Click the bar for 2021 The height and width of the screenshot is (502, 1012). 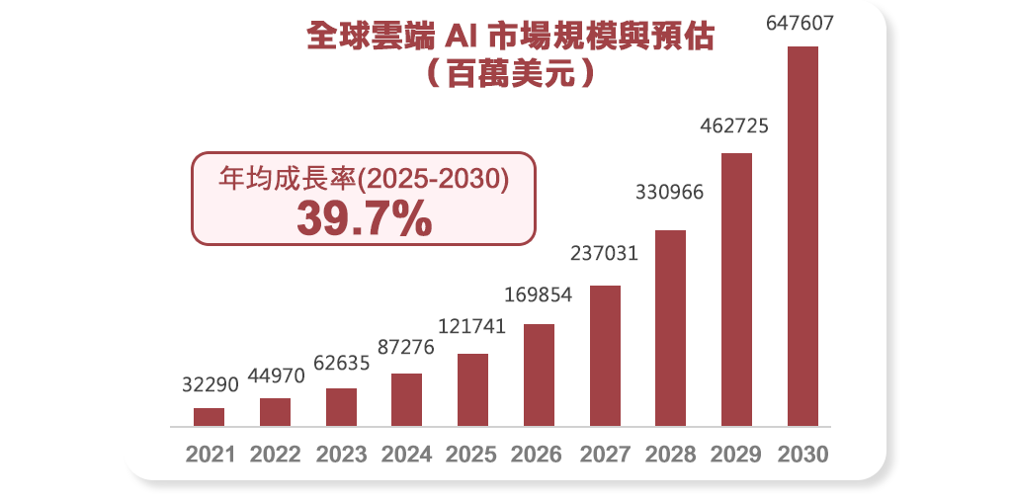point(210,417)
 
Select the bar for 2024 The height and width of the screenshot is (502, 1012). point(406,399)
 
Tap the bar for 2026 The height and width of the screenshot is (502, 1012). point(539,375)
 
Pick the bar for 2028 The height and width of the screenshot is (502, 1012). point(670,328)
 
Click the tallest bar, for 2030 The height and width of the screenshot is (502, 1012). point(802,236)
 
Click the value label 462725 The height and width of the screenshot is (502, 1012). point(734,126)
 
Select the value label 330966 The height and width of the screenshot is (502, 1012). point(669,193)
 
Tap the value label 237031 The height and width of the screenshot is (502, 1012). point(604,253)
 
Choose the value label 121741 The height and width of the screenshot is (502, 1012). point(471,327)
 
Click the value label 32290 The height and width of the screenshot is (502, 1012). point(210,384)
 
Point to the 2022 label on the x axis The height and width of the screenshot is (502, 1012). point(275,455)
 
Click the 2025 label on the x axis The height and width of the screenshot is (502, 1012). point(471,455)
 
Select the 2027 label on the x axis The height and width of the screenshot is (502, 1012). point(604,455)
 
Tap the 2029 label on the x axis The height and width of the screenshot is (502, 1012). point(735,455)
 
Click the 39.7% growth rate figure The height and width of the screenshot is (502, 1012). point(364,218)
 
